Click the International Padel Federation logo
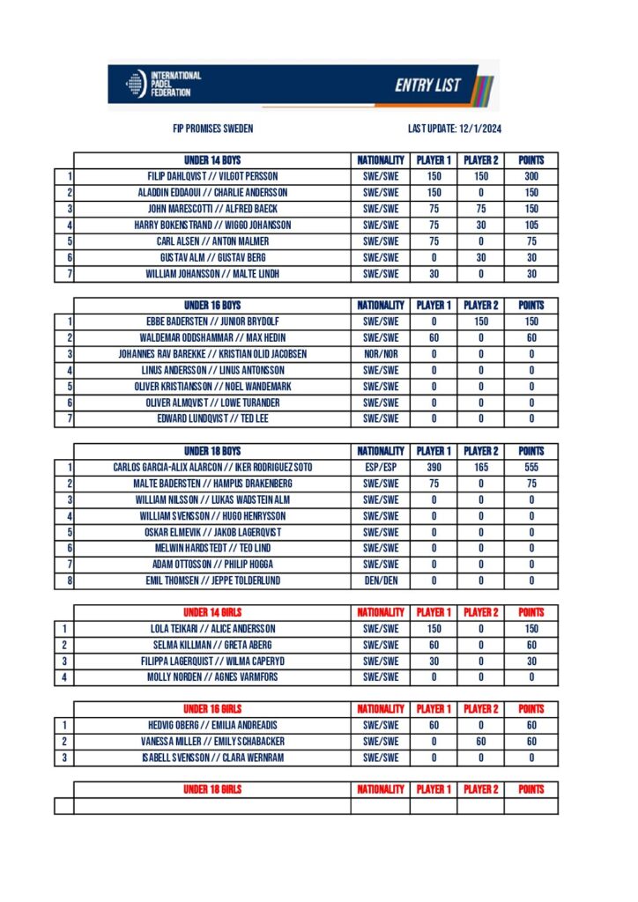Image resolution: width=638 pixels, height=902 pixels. (x=164, y=84)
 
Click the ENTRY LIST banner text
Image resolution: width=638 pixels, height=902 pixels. (x=427, y=85)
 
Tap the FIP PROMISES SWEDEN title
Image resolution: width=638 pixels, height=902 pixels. (x=212, y=129)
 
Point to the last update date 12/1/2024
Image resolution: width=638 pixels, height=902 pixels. (x=455, y=129)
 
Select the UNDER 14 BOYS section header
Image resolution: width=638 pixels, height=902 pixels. (x=212, y=160)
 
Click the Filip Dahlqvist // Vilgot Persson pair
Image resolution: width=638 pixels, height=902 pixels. (x=212, y=176)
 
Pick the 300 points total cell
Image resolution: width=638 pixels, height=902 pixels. (x=531, y=176)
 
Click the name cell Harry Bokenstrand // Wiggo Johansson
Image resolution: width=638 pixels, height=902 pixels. (x=212, y=225)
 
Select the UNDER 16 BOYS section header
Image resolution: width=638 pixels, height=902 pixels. (x=212, y=306)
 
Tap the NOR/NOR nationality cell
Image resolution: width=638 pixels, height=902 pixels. (x=381, y=354)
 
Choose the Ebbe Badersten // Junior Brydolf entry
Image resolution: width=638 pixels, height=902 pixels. (x=212, y=322)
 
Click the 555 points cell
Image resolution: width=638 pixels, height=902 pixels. (x=531, y=467)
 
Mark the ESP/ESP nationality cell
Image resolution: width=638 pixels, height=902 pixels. (x=381, y=467)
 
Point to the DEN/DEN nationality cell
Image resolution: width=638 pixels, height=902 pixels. (x=381, y=581)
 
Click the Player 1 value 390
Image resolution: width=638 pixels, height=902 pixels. (x=434, y=467)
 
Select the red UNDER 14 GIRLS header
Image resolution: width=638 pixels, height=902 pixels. (x=212, y=612)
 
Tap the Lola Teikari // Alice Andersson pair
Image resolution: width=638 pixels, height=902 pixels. (x=212, y=629)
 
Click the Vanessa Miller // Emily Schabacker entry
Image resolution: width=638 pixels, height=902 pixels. (x=212, y=742)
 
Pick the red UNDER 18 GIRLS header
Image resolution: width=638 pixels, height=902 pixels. (x=212, y=789)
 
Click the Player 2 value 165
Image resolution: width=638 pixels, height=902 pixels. (x=481, y=467)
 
